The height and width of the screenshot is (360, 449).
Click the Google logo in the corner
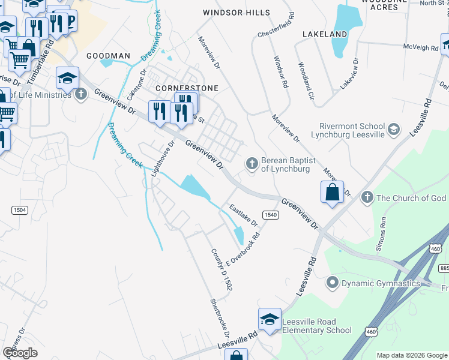[x=19, y=353]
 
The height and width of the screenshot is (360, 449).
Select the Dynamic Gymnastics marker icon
[x=331, y=281]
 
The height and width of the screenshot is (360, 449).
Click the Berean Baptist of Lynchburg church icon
[x=252, y=163]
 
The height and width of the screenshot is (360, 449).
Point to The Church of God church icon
[x=367, y=197]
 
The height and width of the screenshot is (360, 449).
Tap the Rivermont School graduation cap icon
[x=393, y=129]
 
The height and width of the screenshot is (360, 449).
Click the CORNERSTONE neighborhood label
[x=186, y=88]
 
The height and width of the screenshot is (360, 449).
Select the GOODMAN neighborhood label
[x=108, y=55]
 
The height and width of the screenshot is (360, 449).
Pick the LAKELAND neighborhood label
[x=325, y=34]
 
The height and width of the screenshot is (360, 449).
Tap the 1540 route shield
[x=271, y=214]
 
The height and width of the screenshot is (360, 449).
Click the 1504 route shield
[x=19, y=209]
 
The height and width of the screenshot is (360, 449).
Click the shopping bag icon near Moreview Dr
[x=332, y=193]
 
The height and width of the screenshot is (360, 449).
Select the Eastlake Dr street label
[x=244, y=215]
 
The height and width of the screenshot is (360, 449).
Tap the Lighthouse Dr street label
[x=162, y=158]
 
